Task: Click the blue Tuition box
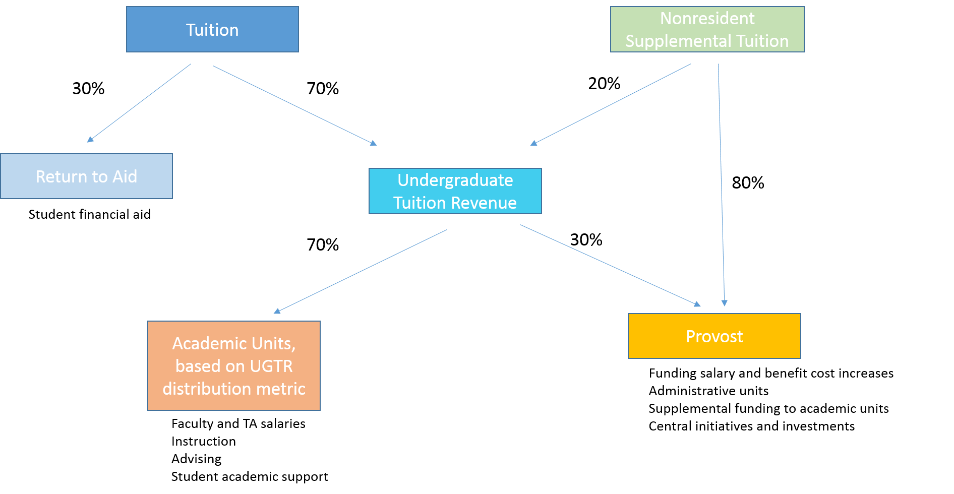point(212,29)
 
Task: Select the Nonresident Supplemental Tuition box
point(707,29)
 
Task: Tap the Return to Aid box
point(86,176)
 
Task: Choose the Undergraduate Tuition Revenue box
point(455,191)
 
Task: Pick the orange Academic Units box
point(233,365)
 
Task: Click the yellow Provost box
point(714,336)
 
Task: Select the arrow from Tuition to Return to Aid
point(139,103)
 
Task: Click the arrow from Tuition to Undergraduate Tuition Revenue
point(294,105)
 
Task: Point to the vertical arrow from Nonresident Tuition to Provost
point(721,184)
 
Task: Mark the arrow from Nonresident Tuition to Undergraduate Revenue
point(611,104)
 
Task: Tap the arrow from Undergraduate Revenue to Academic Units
point(360,272)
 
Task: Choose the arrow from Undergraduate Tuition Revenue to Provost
point(610,266)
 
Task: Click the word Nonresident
point(707,18)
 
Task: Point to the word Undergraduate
point(455,180)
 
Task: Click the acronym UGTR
point(271,366)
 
